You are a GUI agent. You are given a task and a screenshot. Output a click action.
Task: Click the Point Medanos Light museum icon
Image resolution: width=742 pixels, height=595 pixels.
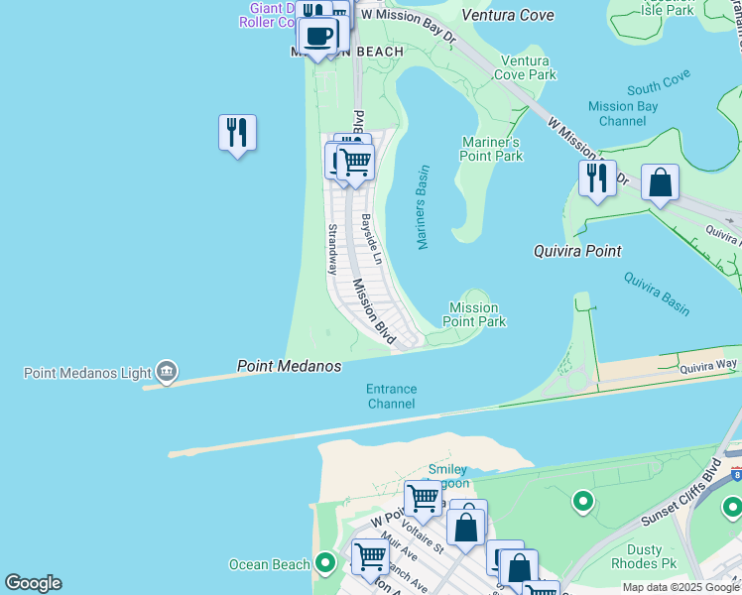167,373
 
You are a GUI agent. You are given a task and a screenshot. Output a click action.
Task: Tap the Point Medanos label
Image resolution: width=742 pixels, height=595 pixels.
289,367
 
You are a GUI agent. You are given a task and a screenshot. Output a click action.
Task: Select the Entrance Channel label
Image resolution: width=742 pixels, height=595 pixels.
391,397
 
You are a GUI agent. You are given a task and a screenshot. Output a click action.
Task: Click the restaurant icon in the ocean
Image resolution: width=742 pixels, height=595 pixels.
237,133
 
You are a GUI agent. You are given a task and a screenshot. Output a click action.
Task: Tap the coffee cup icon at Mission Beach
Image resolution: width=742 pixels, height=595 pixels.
317,38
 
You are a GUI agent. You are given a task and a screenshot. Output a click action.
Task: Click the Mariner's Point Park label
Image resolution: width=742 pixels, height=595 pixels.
491,149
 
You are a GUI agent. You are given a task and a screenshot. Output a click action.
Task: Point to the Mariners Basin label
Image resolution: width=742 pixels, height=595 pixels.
422,207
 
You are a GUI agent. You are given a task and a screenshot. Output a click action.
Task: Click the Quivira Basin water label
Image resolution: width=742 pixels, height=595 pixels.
657,294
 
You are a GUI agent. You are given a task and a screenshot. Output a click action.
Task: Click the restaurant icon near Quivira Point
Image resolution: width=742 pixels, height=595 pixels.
597,178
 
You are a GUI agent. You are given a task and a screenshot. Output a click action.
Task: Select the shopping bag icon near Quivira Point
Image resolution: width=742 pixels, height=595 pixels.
660,183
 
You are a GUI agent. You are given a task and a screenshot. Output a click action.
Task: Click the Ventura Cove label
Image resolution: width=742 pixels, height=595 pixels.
507,15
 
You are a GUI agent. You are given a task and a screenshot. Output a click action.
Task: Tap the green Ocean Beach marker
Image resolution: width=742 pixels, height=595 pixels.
326,564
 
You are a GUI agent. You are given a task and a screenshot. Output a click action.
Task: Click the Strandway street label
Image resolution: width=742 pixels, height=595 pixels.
333,249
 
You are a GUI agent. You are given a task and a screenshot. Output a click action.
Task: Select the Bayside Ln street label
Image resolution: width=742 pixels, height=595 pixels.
371,239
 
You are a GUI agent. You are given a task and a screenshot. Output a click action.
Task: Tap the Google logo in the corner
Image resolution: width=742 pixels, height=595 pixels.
33,583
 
